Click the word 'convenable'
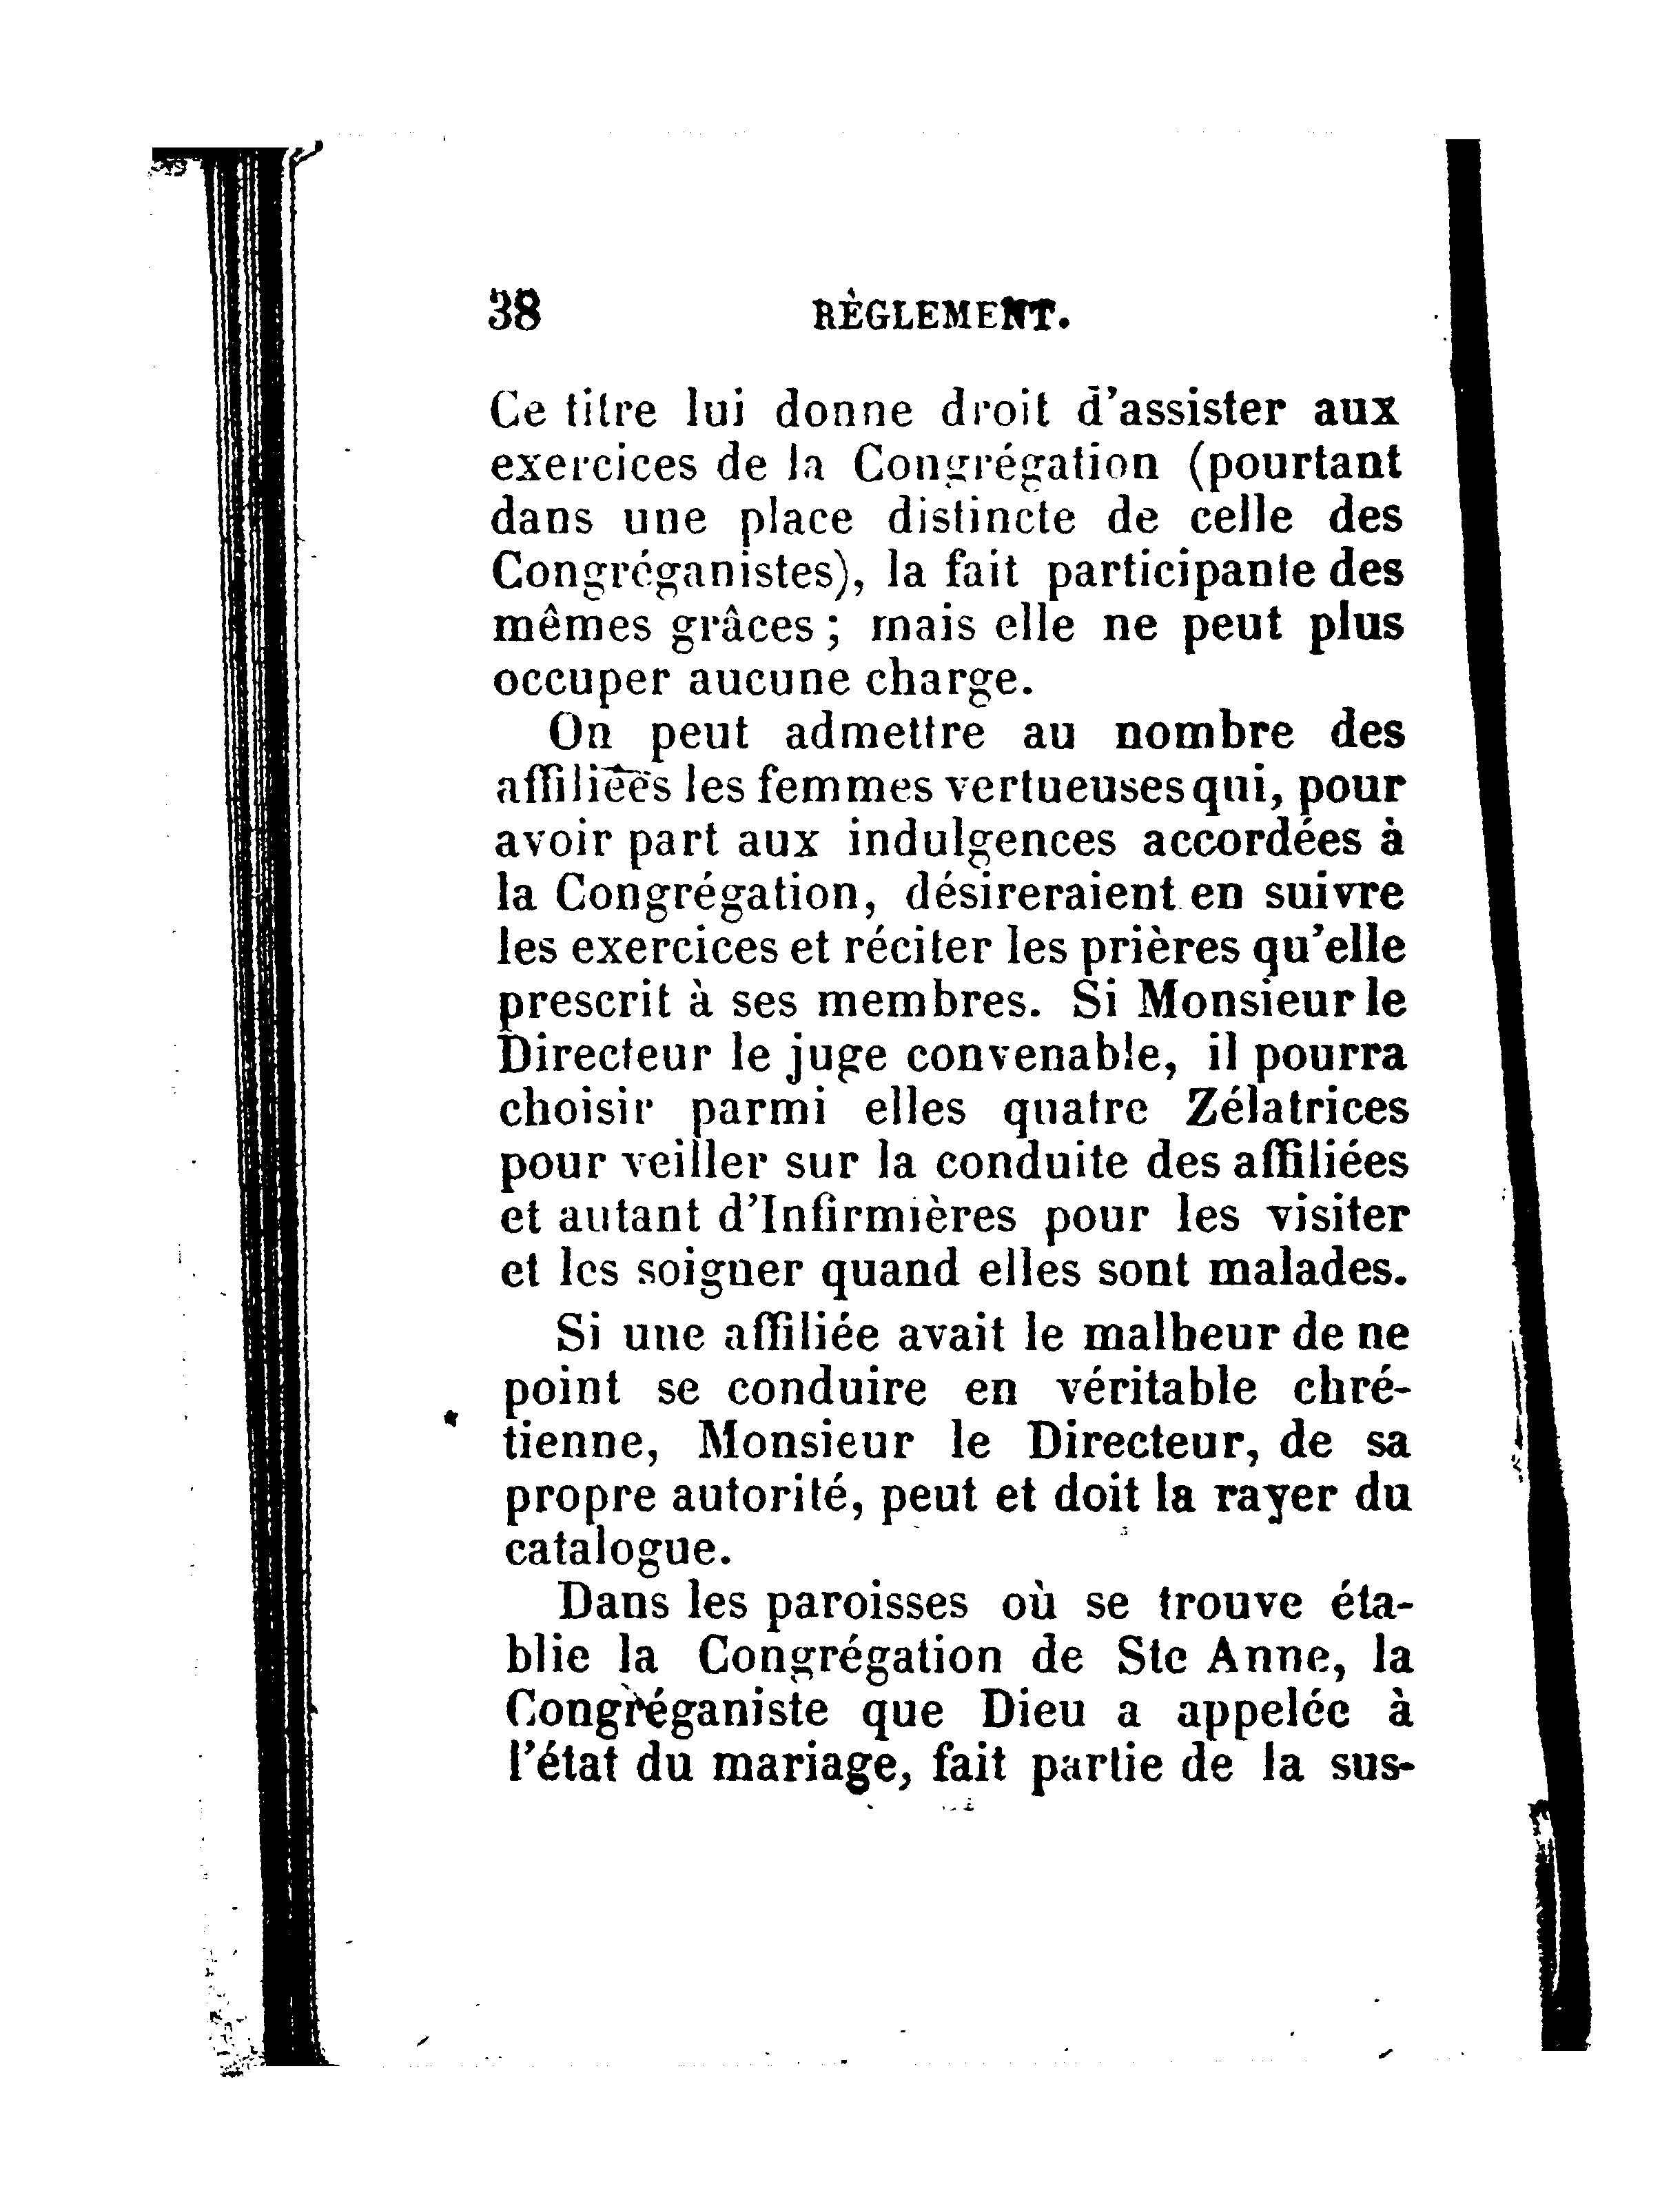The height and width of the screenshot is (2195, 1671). point(1034,1054)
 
